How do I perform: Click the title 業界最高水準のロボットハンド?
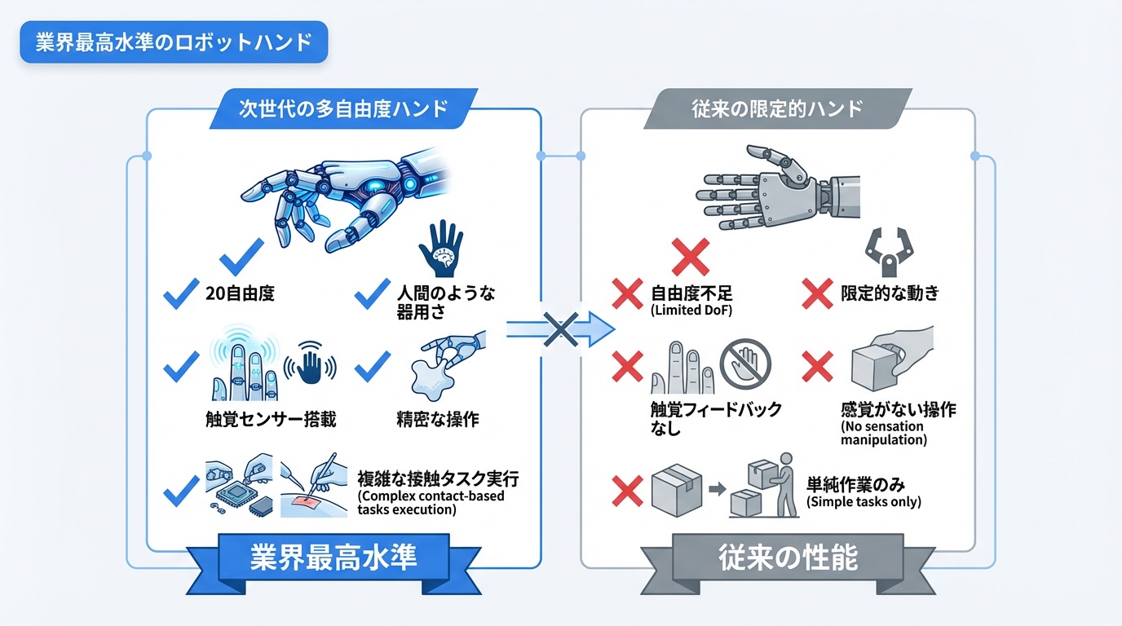pos(174,42)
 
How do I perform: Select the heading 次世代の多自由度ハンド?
pos(343,108)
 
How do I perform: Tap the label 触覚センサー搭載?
pos(271,419)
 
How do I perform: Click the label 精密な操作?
pos(437,419)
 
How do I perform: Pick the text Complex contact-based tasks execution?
pos(431,503)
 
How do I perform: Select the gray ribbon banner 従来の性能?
pos(788,558)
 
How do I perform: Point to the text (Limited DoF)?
pos(691,311)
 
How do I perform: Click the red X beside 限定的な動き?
pos(817,293)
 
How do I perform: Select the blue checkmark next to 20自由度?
pos(181,293)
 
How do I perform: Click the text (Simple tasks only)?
pos(864,502)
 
